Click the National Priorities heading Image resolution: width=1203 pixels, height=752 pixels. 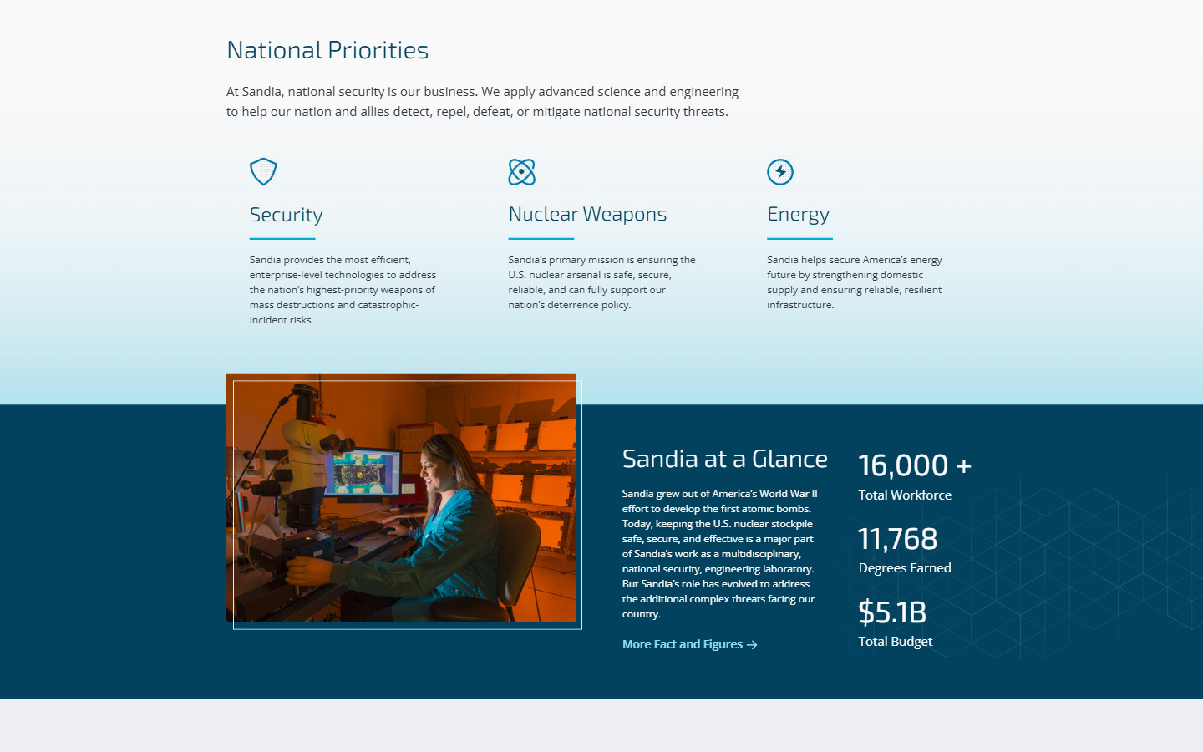(327, 50)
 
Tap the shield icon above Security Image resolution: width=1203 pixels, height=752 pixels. (263, 171)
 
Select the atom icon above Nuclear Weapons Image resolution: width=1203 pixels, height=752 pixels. (521, 172)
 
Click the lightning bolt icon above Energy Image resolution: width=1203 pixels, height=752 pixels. (780, 172)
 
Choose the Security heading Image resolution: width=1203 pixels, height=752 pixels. (286, 215)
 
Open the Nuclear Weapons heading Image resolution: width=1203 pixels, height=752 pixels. (587, 214)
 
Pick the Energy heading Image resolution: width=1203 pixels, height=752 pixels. (798, 215)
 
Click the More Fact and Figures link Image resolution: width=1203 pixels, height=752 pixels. (683, 644)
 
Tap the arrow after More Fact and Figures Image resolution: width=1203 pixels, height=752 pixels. (752, 645)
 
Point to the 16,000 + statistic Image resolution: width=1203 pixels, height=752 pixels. (914, 465)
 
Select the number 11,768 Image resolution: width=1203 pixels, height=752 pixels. (897, 539)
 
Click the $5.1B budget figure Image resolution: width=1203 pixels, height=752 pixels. (892, 612)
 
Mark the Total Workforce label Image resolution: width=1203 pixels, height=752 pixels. (905, 495)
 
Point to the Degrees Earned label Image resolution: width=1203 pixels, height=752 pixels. (905, 568)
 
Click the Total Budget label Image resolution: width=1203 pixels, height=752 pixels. (895, 642)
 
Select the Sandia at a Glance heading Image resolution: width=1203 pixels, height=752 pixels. (724, 459)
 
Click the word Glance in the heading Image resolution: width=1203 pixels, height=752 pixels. (789, 459)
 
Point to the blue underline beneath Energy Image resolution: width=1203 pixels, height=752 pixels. (799, 239)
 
